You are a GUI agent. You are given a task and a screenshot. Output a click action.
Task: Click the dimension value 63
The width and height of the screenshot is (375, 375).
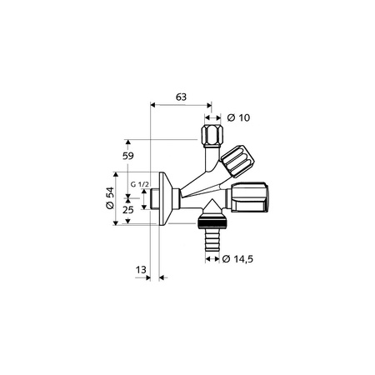181,97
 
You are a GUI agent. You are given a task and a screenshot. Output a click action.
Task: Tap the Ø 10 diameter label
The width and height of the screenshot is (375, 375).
238,117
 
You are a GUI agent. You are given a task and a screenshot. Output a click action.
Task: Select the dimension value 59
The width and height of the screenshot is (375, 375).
128,156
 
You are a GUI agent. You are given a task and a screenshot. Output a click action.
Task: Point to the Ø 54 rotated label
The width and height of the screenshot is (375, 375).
110,198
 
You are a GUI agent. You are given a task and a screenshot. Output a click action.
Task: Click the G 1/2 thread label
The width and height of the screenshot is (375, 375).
140,184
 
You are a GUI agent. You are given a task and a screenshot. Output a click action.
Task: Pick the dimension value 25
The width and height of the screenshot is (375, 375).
128,210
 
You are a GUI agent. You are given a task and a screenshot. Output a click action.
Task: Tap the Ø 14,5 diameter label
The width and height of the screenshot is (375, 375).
237,259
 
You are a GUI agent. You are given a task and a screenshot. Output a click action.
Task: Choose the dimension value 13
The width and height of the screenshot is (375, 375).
141,270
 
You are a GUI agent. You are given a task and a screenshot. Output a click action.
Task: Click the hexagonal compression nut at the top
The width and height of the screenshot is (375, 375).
212,136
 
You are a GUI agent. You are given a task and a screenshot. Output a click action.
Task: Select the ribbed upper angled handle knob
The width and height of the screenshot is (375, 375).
237,162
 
